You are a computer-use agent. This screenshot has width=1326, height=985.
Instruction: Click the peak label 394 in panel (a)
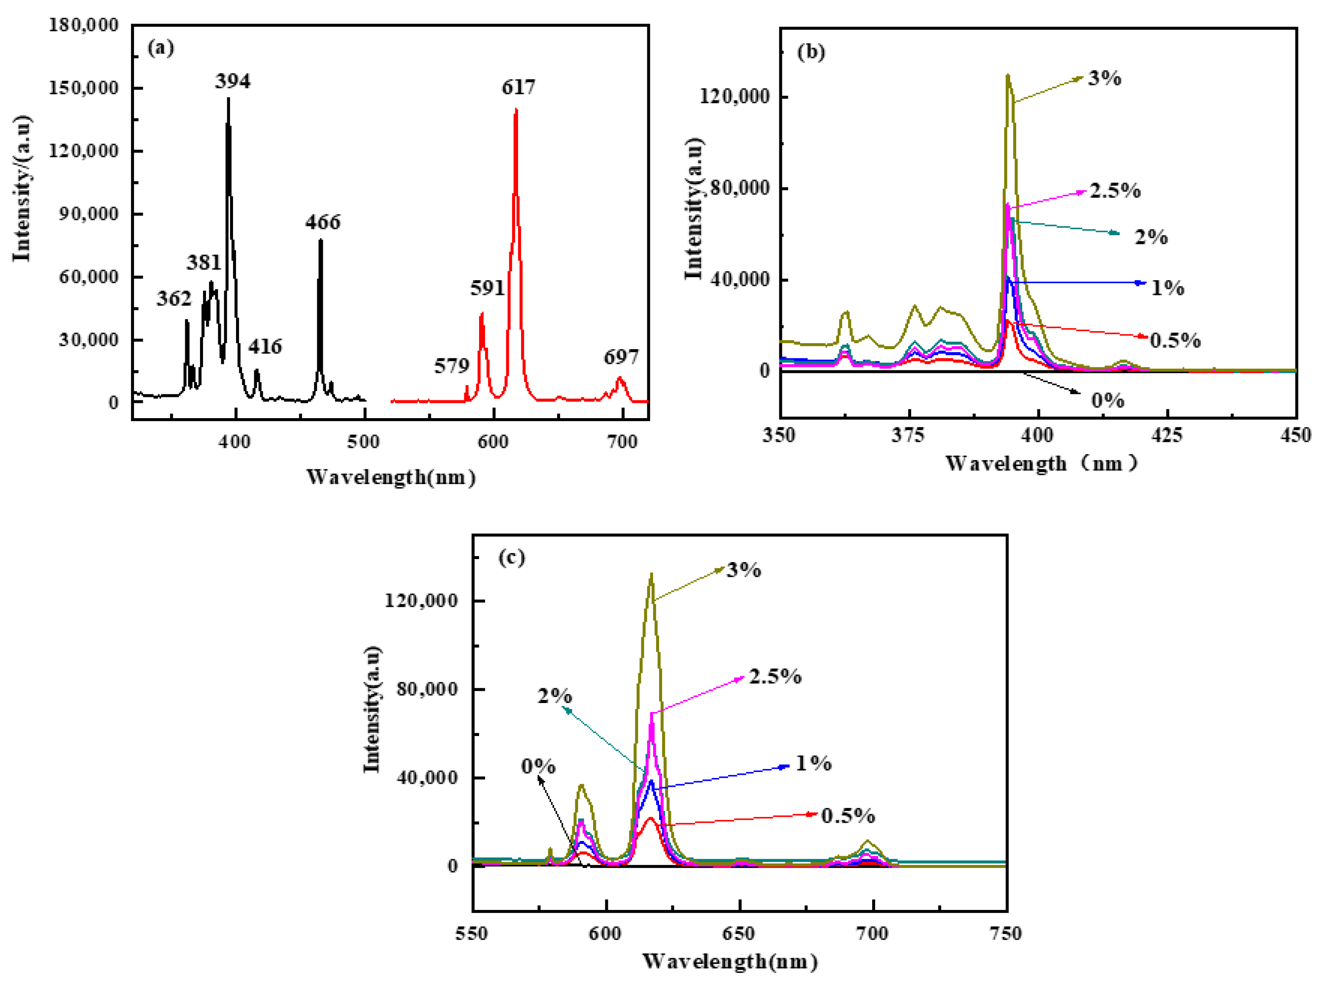233,81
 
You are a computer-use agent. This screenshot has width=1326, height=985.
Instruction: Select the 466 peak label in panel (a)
323,223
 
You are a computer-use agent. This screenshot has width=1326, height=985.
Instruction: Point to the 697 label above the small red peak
621,357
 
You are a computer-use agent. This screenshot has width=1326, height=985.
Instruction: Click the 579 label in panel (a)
452,366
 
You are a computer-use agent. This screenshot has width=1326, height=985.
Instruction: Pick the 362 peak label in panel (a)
174,298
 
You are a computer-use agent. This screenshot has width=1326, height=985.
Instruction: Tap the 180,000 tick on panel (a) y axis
83,25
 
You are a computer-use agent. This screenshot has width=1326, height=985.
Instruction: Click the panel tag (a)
161,48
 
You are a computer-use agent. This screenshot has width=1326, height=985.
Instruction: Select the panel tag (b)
811,52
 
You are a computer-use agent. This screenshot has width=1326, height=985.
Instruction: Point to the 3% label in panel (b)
1104,78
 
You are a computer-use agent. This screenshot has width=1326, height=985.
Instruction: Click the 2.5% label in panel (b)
1115,191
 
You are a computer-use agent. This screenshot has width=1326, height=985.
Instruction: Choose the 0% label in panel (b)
1108,400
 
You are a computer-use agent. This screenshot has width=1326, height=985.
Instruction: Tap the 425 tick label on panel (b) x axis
1166,435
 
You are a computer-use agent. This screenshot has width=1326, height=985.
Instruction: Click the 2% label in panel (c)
555,696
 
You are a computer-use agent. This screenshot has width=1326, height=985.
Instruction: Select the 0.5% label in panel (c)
847,816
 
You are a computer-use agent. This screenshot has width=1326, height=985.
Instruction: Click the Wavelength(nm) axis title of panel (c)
729,961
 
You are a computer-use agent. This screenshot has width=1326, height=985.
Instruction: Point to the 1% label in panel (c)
814,763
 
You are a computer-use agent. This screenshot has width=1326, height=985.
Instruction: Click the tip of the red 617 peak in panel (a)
516,109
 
